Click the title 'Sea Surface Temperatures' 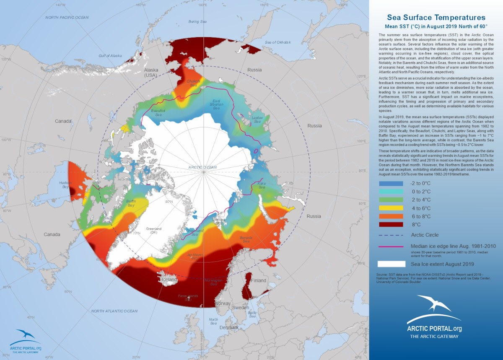[x=436, y=18]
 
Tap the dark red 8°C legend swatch [x=392, y=224]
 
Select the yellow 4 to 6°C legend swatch [x=392, y=208]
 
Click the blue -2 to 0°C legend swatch [x=392, y=184]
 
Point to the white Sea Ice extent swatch [x=392, y=264]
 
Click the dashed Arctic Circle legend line [x=392, y=235]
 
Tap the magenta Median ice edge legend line [x=392, y=246]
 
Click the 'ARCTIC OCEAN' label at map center [x=202, y=167]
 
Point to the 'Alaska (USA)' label [x=150, y=72]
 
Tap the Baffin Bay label [x=131, y=204]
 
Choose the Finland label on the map [x=259, y=280]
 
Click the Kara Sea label [x=262, y=185]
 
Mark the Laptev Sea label [x=257, y=120]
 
